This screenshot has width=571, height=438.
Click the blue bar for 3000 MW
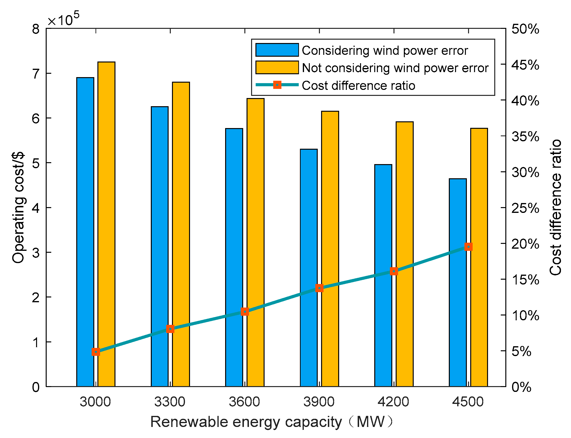click(x=85, y=232)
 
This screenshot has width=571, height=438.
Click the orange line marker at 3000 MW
click(x=96, y=352)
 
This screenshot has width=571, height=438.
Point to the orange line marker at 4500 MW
click(x=469, y=247)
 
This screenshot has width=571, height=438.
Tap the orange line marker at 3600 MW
click(x=245, y=312)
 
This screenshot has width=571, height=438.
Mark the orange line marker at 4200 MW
click(x=394, y=271)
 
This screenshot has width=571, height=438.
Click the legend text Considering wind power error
click(x=385, y=51)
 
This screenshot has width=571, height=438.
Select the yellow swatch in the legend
click(x=277, y=68)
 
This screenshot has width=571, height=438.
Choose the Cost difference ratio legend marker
click(x=277, y=85)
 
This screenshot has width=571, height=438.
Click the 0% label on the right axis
click(x=521, y=387)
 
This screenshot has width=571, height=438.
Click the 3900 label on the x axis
click(x=319, y=402)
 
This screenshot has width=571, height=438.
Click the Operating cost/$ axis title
click(x=18, y=207)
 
